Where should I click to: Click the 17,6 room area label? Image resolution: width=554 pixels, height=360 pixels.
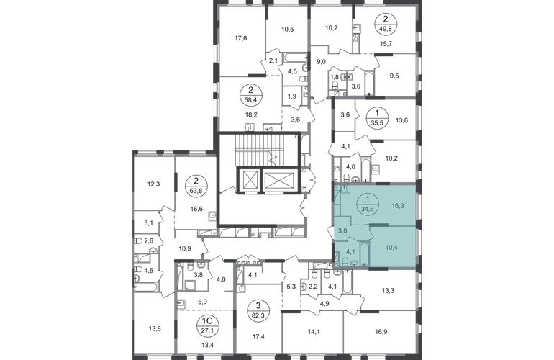tap(240, 38)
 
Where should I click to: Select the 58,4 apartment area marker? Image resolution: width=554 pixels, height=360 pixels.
tap(250, 96)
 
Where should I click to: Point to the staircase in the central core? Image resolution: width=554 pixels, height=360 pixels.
tap(260, 150)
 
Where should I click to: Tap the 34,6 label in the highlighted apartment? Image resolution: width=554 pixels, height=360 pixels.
tap(368, 209)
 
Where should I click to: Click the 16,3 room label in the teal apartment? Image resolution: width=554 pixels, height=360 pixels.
tap(398, 205)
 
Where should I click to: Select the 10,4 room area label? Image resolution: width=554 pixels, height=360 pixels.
tap(391, 248)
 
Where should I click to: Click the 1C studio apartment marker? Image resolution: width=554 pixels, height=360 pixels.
tap(206, 325)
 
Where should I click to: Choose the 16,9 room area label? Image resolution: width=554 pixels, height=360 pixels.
tap(379, 332)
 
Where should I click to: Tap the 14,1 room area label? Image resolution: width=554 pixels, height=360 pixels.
tap(314, 332)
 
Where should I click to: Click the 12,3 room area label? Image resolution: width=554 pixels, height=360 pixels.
tap(154, 184)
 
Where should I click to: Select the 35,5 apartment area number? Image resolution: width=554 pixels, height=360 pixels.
tap(377, 123)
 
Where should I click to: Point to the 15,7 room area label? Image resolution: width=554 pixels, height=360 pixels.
tap(386, 44)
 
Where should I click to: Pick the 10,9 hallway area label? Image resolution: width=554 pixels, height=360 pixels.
tap(185, 248)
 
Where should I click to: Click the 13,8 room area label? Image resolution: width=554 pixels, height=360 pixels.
tap(155, 328)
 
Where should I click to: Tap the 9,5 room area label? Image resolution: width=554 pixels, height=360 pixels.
tap(394, 76)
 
